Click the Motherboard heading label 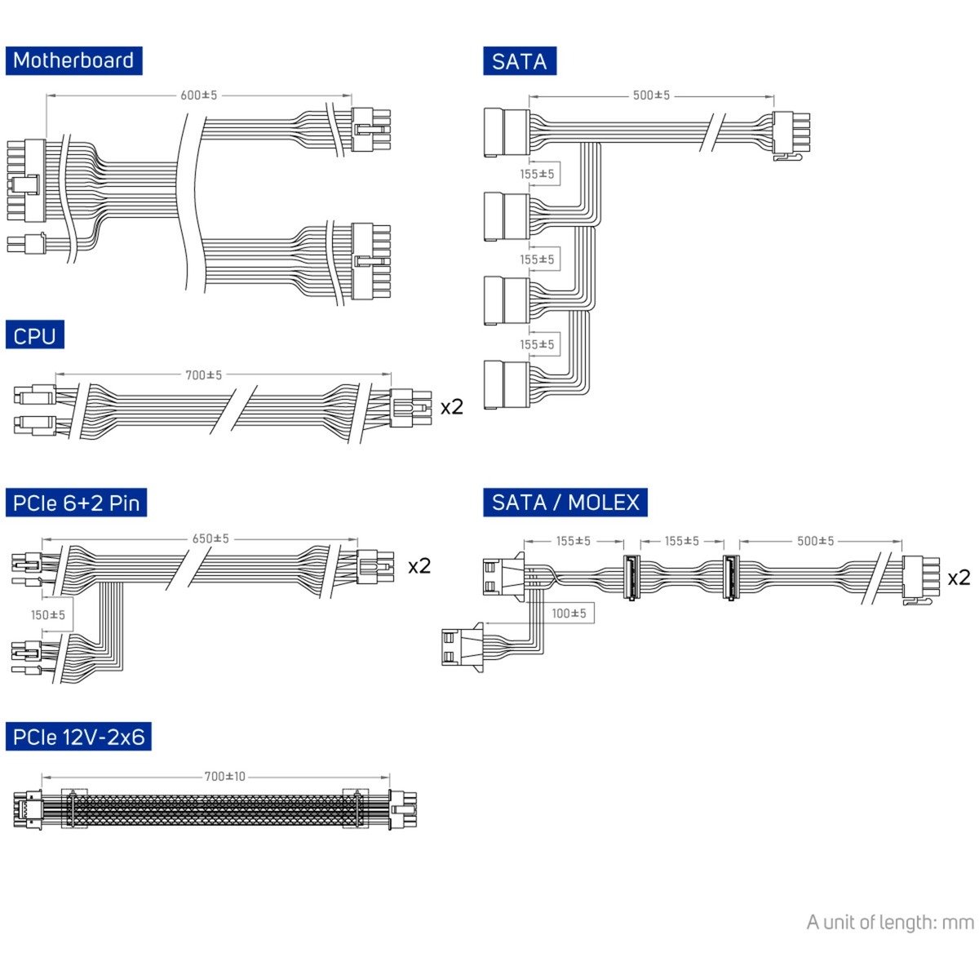coord(73,60)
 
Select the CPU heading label coord(34,334)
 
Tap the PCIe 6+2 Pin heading coord(76,503)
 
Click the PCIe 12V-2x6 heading coord(78,736)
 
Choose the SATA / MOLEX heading coord(565,503)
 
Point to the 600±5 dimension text coord(198,95)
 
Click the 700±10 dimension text coord(224,777)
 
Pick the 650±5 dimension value coord(210,538)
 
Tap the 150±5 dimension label coord(48,615)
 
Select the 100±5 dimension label coord(569,614)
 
